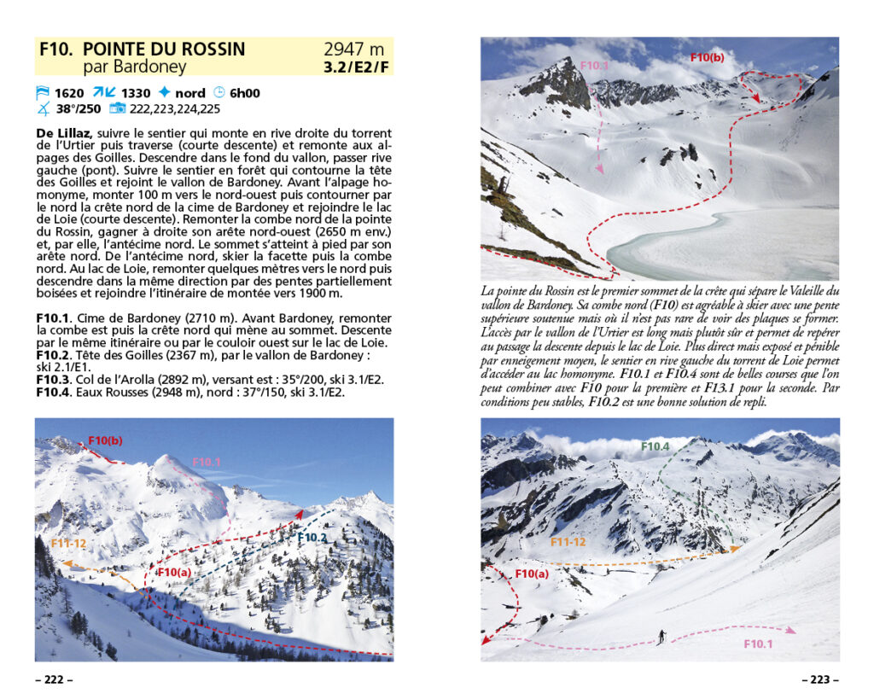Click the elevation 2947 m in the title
(353, 49)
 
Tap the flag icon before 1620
(43, 93)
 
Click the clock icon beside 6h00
(218, 93)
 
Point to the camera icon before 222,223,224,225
(118, 108)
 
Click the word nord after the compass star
(190, 93)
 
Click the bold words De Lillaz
(64, 133)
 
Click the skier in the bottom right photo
(661, 636)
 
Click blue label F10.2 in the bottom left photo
(312, 537)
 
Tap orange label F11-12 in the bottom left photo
(70, 542)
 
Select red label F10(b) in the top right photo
(707, 58)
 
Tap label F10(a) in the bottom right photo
(532, 573)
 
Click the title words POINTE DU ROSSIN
(164, 49)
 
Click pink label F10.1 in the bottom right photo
(758, 644)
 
